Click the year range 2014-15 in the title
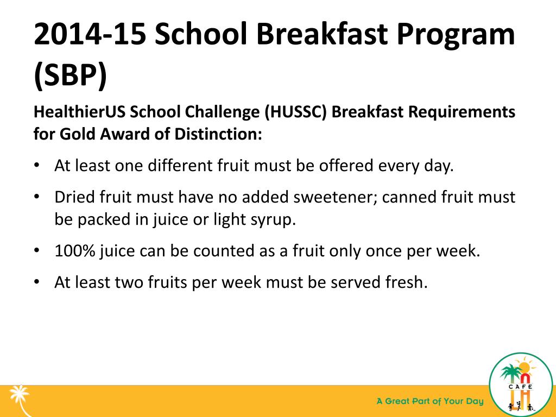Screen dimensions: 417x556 tap(89, 35)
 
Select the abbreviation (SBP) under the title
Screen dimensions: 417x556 tap(71, 77)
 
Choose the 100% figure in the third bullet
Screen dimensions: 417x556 tap(73, 251)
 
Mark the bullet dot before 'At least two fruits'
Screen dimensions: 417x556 tap(36, 283)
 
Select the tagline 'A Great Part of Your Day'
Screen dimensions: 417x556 tap(430, 402)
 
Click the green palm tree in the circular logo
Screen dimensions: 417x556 tap(510, 374)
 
